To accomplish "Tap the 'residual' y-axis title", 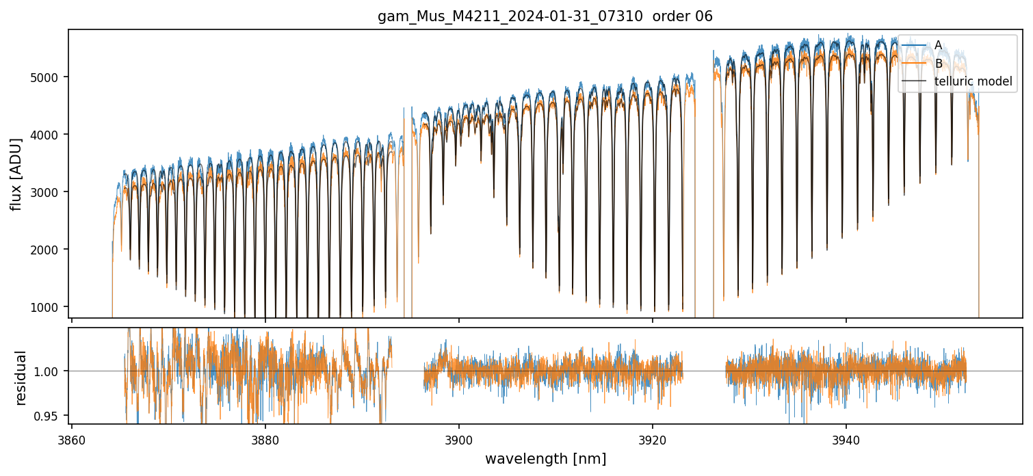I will point(21,378).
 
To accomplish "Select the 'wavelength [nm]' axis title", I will point(545,458).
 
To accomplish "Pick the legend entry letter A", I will point(938,45).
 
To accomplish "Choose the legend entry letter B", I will point(938,64).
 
